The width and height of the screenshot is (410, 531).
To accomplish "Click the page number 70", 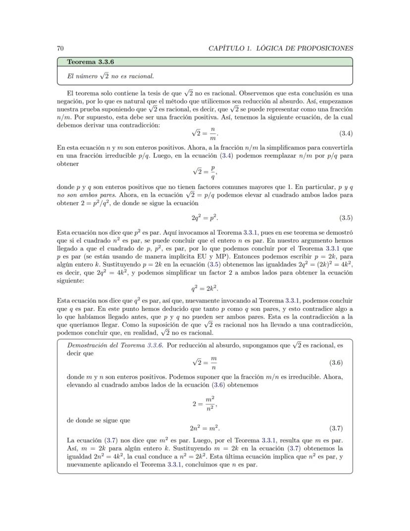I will (60, 48).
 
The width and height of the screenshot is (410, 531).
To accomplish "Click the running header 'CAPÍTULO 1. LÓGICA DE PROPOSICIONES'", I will (281, 48).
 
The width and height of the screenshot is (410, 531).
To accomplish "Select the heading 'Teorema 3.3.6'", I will (87, 62).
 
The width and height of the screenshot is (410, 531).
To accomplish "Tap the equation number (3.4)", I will (346, 133).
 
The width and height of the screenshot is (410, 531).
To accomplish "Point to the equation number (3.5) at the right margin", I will (346, 218).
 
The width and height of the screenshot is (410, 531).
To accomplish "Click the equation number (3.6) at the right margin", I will (336, 362).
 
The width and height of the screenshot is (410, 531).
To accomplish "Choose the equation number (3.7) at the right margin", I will (336, 428).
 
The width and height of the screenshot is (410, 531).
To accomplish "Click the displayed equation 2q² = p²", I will (205, 218).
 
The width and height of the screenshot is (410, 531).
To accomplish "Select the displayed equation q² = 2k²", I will (205, 288).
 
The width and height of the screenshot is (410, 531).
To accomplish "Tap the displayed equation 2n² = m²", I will (205, 428).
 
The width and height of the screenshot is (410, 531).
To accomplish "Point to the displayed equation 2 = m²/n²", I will (205, 404).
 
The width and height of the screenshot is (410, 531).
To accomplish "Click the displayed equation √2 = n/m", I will (205, 133).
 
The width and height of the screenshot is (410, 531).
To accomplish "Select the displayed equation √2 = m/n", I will (205, 362).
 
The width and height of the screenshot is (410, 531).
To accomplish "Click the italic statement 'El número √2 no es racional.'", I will (110, 76).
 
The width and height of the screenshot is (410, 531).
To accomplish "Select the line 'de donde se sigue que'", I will (98, 420).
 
